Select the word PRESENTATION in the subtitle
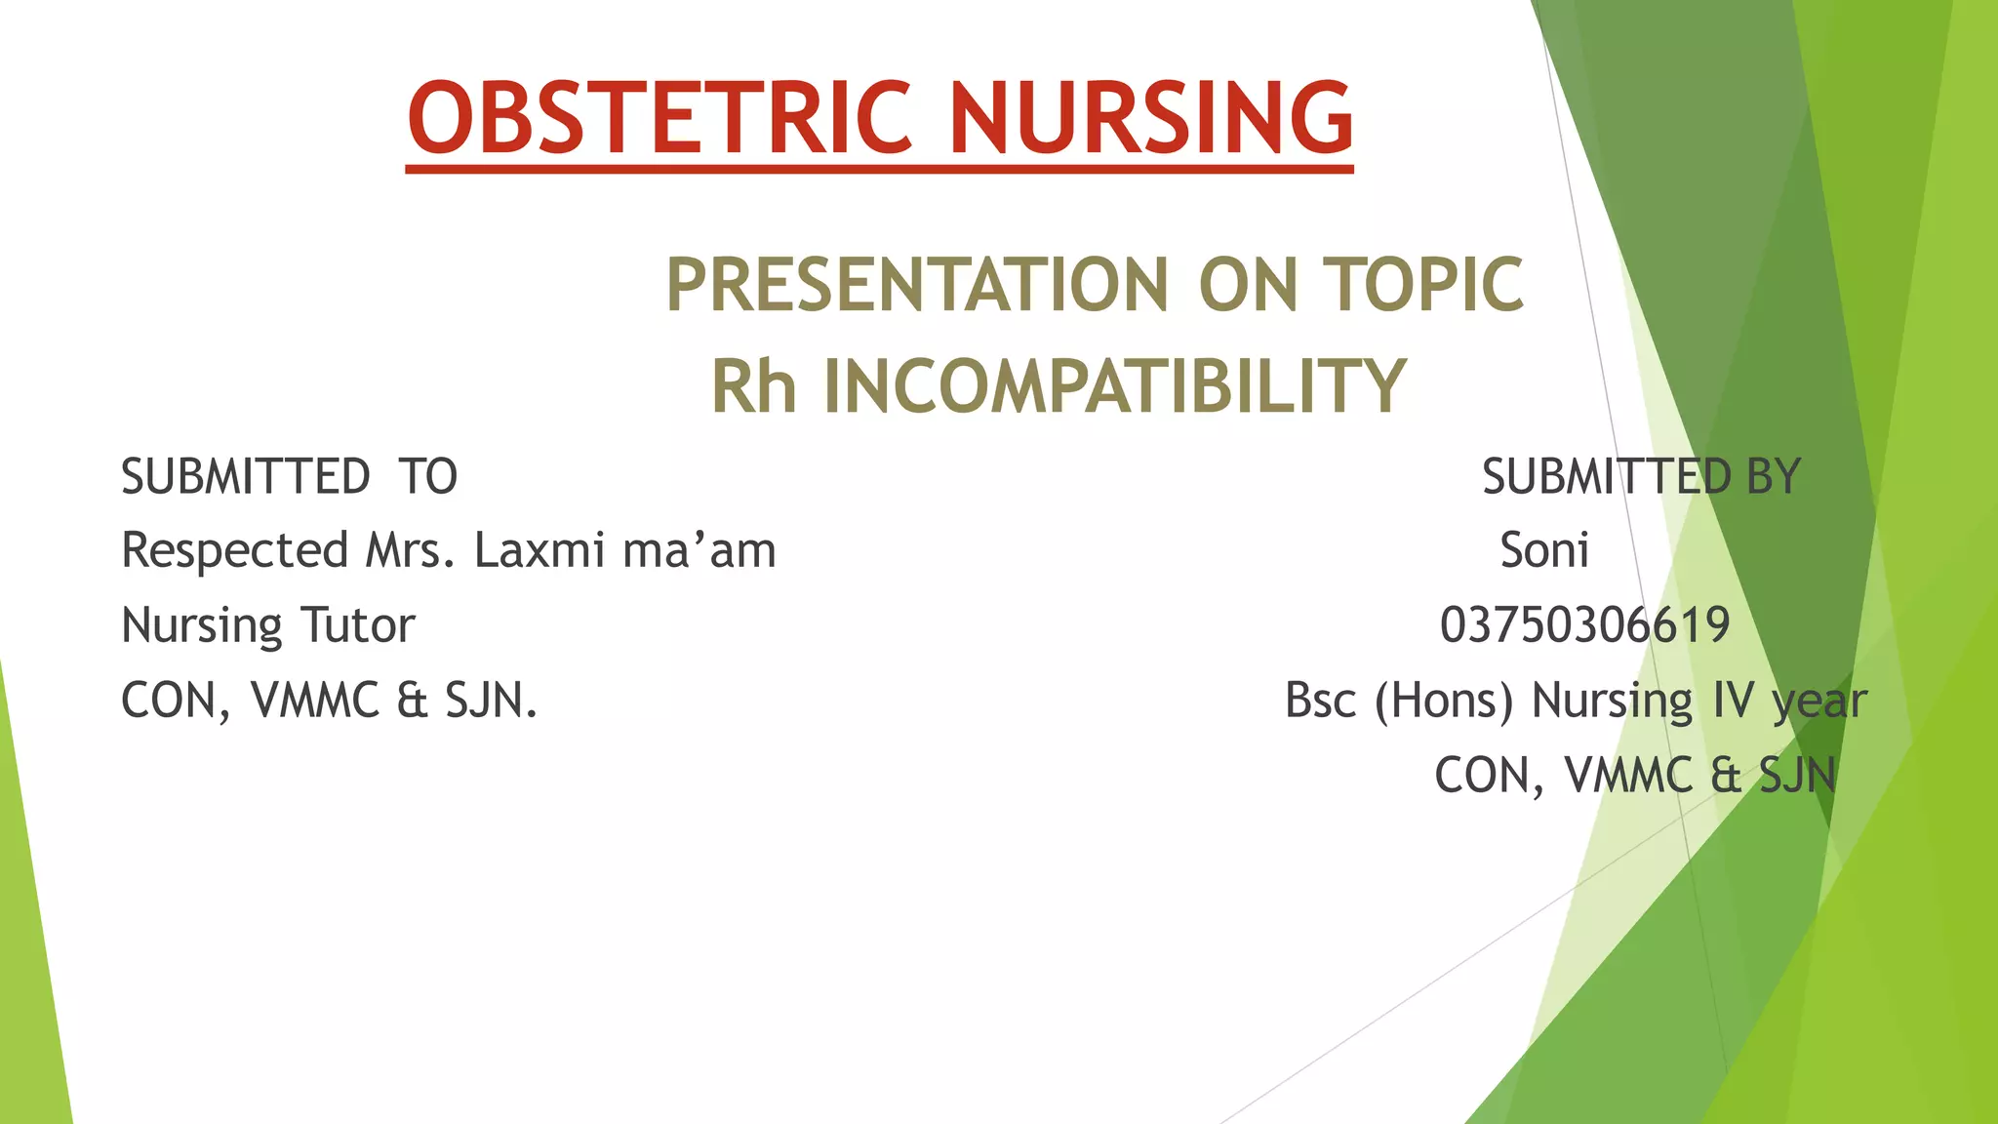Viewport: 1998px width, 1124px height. [916, 285]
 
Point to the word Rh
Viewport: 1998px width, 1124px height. [753, 386]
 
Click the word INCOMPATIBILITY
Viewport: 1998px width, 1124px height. [1114, 386]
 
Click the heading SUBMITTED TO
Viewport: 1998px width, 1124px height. [289, 477]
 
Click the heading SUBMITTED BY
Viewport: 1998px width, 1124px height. [1641, 477]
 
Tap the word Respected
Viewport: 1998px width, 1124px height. [235, 550]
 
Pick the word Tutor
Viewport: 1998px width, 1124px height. [357, 625]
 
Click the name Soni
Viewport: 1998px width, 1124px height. [1544, 550]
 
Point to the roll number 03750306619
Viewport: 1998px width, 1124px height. [1585, 625]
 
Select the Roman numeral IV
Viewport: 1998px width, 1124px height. [1733, 701]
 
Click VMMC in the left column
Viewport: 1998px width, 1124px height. [315, 701]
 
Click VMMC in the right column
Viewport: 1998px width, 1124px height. [1629, 776]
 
